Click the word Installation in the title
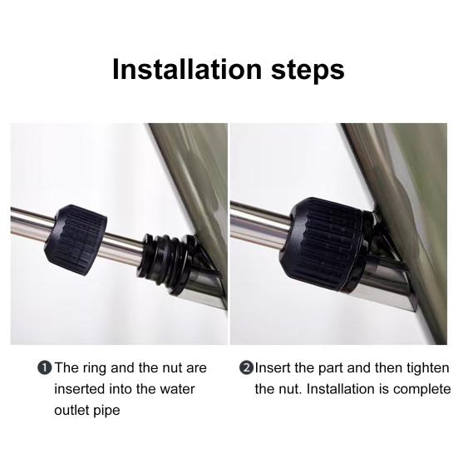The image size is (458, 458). [x=187, y=69]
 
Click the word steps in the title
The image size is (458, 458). [x=308, y=71]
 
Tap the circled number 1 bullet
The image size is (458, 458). [x=45, y=367]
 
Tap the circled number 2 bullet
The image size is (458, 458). [x=246, y=367]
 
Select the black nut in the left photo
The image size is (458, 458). [x=76, y=240]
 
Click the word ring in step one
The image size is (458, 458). [x=95, y=368]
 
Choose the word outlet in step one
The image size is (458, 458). [x=72, y=410]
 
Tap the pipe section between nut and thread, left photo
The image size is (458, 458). [x=124, y=244]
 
